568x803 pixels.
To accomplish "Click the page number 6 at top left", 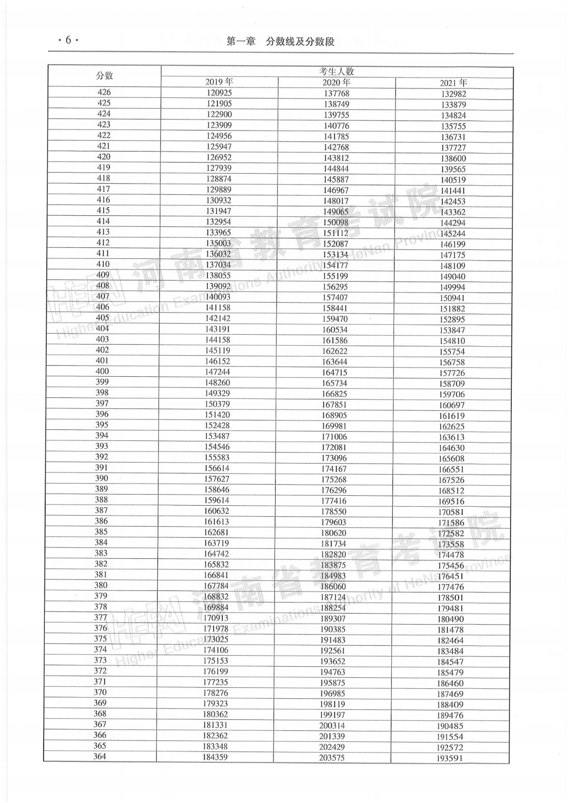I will [x=67, y=40].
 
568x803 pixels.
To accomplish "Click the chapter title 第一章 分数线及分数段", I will [x=280, y=42].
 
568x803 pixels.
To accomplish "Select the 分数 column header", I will [x=104, y=76].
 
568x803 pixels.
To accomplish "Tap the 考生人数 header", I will [x=337, y=71].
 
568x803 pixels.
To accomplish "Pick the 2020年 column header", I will [x=337, y=83].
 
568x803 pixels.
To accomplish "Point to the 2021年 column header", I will [x=453, y=83].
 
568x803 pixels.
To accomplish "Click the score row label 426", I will [x=104, y=92].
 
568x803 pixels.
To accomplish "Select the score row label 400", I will [x=102, y=371].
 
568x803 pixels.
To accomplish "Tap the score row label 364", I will [x=99, y=756].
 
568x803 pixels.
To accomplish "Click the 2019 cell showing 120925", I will [x=219, y=93].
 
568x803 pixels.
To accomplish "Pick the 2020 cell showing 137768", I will [x=337, y=94].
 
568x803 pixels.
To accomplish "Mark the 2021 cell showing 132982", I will [x=453, y=94].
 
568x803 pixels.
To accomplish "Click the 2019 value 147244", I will [x=217, y=372].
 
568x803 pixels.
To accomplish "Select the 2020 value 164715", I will [x=334, y=373].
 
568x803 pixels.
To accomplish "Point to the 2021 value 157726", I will [x=452, y=373].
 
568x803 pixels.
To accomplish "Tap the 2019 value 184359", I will [x=215, y=757].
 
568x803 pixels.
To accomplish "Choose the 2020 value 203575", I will [x=332, y=758].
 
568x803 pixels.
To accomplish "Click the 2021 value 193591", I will [x=450, y=758].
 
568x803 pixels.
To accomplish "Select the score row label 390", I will [x=102, y=478].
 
